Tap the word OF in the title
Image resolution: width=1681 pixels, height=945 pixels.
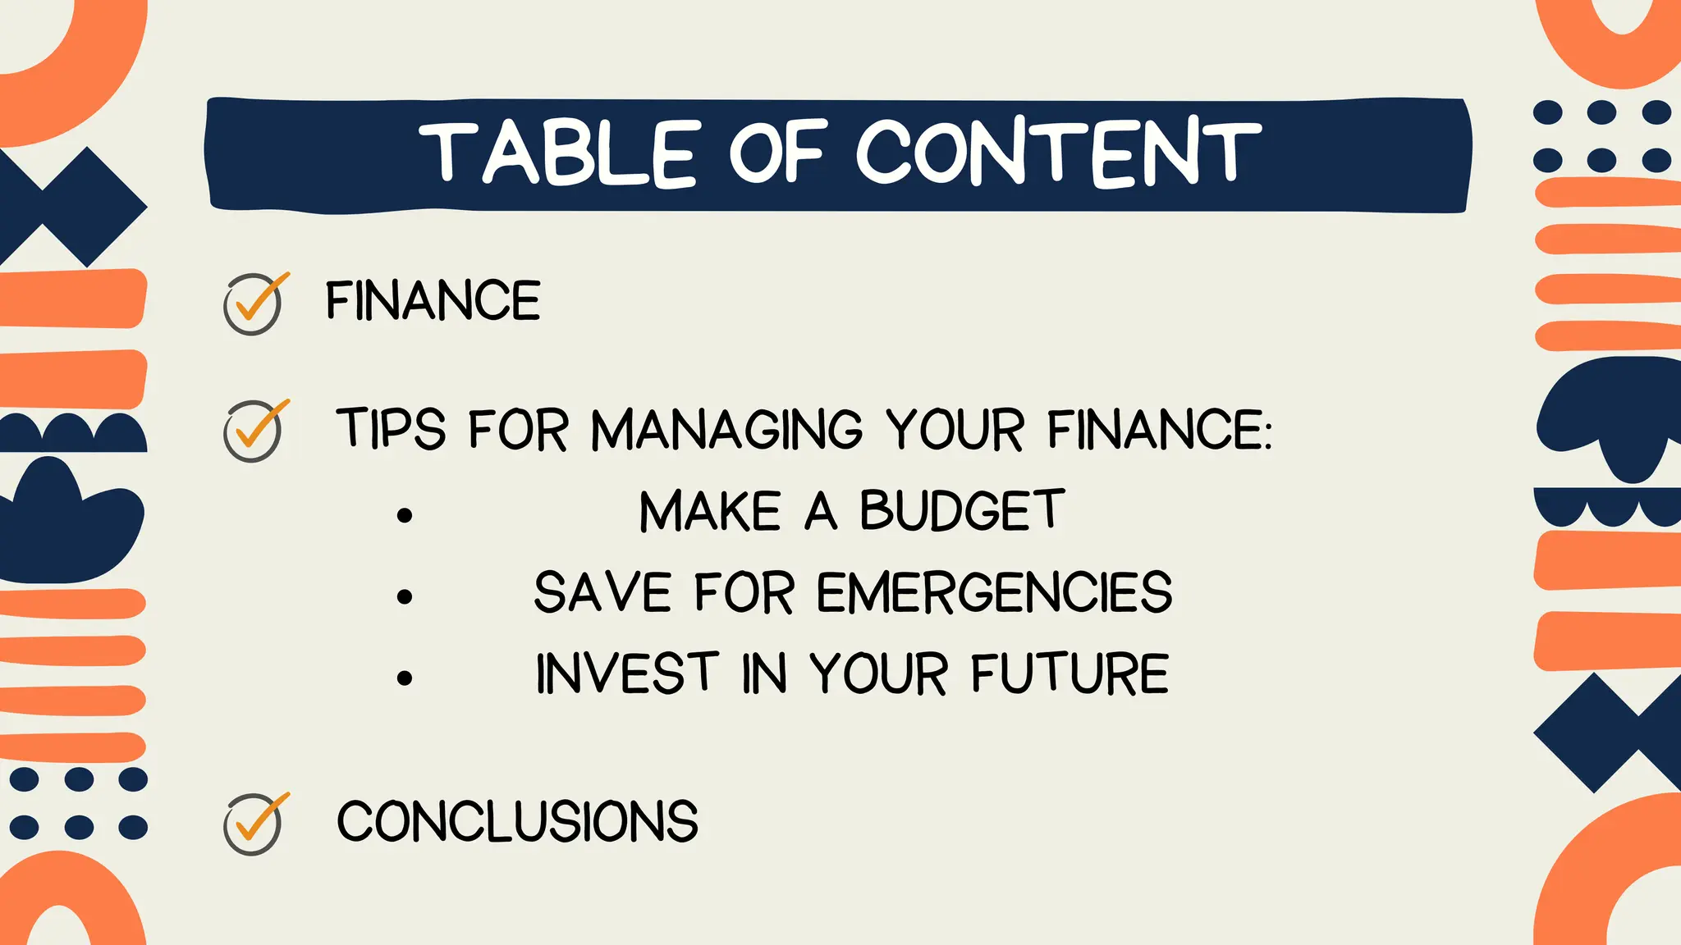[776, 152]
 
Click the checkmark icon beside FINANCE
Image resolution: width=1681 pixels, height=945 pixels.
[254, 303]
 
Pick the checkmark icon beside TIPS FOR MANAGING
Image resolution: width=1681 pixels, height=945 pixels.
[254, 430]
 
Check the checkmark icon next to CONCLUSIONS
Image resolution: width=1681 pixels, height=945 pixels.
[254, 823]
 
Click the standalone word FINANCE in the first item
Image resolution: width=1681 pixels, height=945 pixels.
[433, 300]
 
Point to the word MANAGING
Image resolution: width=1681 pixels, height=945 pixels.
[726, 429]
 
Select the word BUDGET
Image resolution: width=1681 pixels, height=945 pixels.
[962, 511]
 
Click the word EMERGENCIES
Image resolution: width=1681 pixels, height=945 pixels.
[994, 592]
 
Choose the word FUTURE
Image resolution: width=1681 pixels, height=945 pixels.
[1070, 674]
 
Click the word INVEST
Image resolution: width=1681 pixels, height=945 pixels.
[627, 674]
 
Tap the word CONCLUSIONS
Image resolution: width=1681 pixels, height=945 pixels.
[517, 821]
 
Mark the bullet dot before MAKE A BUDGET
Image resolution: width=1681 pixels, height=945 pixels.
[404, 515]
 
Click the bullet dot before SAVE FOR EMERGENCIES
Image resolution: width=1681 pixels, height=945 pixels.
[404, 596]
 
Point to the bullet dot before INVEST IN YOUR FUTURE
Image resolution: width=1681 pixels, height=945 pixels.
[404, 678]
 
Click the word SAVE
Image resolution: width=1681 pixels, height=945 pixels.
[603, 592]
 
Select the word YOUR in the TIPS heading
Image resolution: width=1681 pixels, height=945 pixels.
[955, 429]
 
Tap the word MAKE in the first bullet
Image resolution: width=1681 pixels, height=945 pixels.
[710, 511]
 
